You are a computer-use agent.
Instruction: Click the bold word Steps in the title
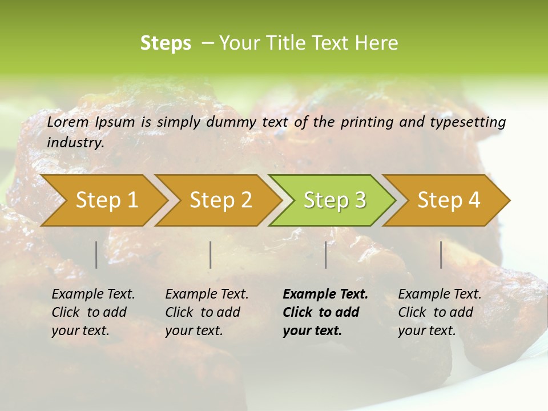[x=166, y=43]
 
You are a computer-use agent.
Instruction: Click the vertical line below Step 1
[x=96, y=255]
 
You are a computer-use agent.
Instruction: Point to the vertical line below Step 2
[x=211, y=255]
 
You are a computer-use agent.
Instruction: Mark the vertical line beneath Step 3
[x=326, y=255]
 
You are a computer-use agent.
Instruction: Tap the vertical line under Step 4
[x=441, y=255]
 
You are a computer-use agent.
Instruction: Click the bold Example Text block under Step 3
[x=325, y=312]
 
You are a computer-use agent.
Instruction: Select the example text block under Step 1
[x=93, y=312]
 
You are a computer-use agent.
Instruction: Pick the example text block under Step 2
[x=207, y=312]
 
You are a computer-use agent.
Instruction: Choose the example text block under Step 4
[x=440, y=312]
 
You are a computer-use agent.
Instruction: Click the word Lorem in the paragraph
[x=68, y=122]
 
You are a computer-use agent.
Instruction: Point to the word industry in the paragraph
[x=75, y=143]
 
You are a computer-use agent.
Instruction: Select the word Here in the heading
[x=379, y=43]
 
